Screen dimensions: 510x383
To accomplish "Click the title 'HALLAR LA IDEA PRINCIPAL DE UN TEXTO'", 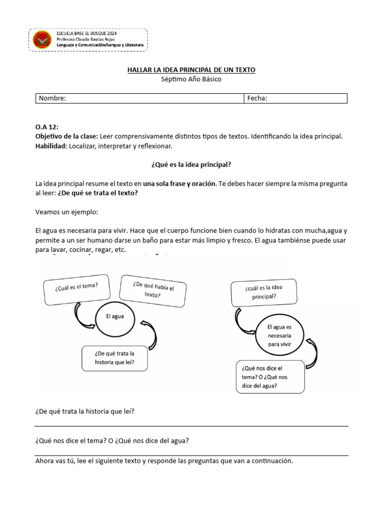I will (191, 70).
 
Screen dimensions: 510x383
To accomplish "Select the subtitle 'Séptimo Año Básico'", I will (191, 79).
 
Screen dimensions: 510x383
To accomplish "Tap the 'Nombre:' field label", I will (52, 98).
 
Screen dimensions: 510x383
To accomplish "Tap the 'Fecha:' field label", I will (257, 98).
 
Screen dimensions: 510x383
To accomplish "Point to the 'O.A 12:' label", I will (47, 127).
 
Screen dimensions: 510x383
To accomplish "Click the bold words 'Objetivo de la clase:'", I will (67, 136).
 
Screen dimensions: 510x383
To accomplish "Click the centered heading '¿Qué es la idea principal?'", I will (191, 164).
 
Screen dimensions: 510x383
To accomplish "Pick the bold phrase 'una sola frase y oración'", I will (180, 183).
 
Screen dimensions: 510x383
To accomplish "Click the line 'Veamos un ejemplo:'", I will (67, 212).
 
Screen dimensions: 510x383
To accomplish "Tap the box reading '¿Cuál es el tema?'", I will (76, 289).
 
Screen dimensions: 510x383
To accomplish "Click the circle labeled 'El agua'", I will (115, 316).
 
